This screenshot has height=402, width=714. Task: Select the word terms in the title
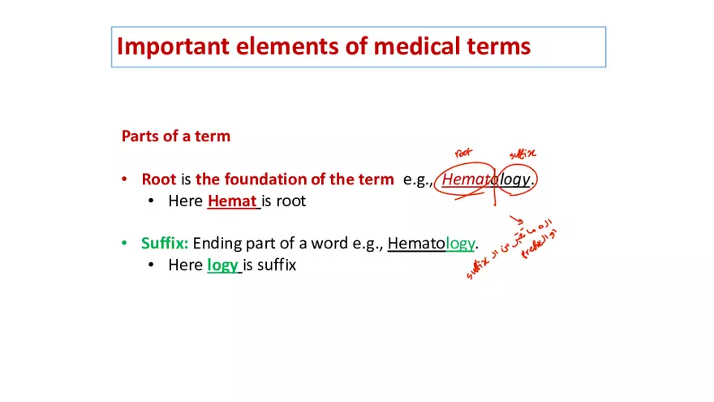click(x=497, y=46)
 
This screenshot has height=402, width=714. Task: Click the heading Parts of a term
click(x=175, y=136)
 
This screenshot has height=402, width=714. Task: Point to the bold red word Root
click(x=158, y=179)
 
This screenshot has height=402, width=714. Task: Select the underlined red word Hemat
click(x=232, y=201)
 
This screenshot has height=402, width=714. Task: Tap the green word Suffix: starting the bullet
click(x=165, y=243)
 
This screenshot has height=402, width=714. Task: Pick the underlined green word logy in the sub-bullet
click(x=222, y=265)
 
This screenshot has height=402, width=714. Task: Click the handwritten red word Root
click(x=463, y=152)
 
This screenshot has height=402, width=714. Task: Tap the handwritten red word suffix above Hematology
click(x=522, y=153)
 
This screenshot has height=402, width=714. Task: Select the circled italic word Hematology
click(x=486, y=179)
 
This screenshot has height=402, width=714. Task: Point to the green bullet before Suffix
click(x=124, y=243)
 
